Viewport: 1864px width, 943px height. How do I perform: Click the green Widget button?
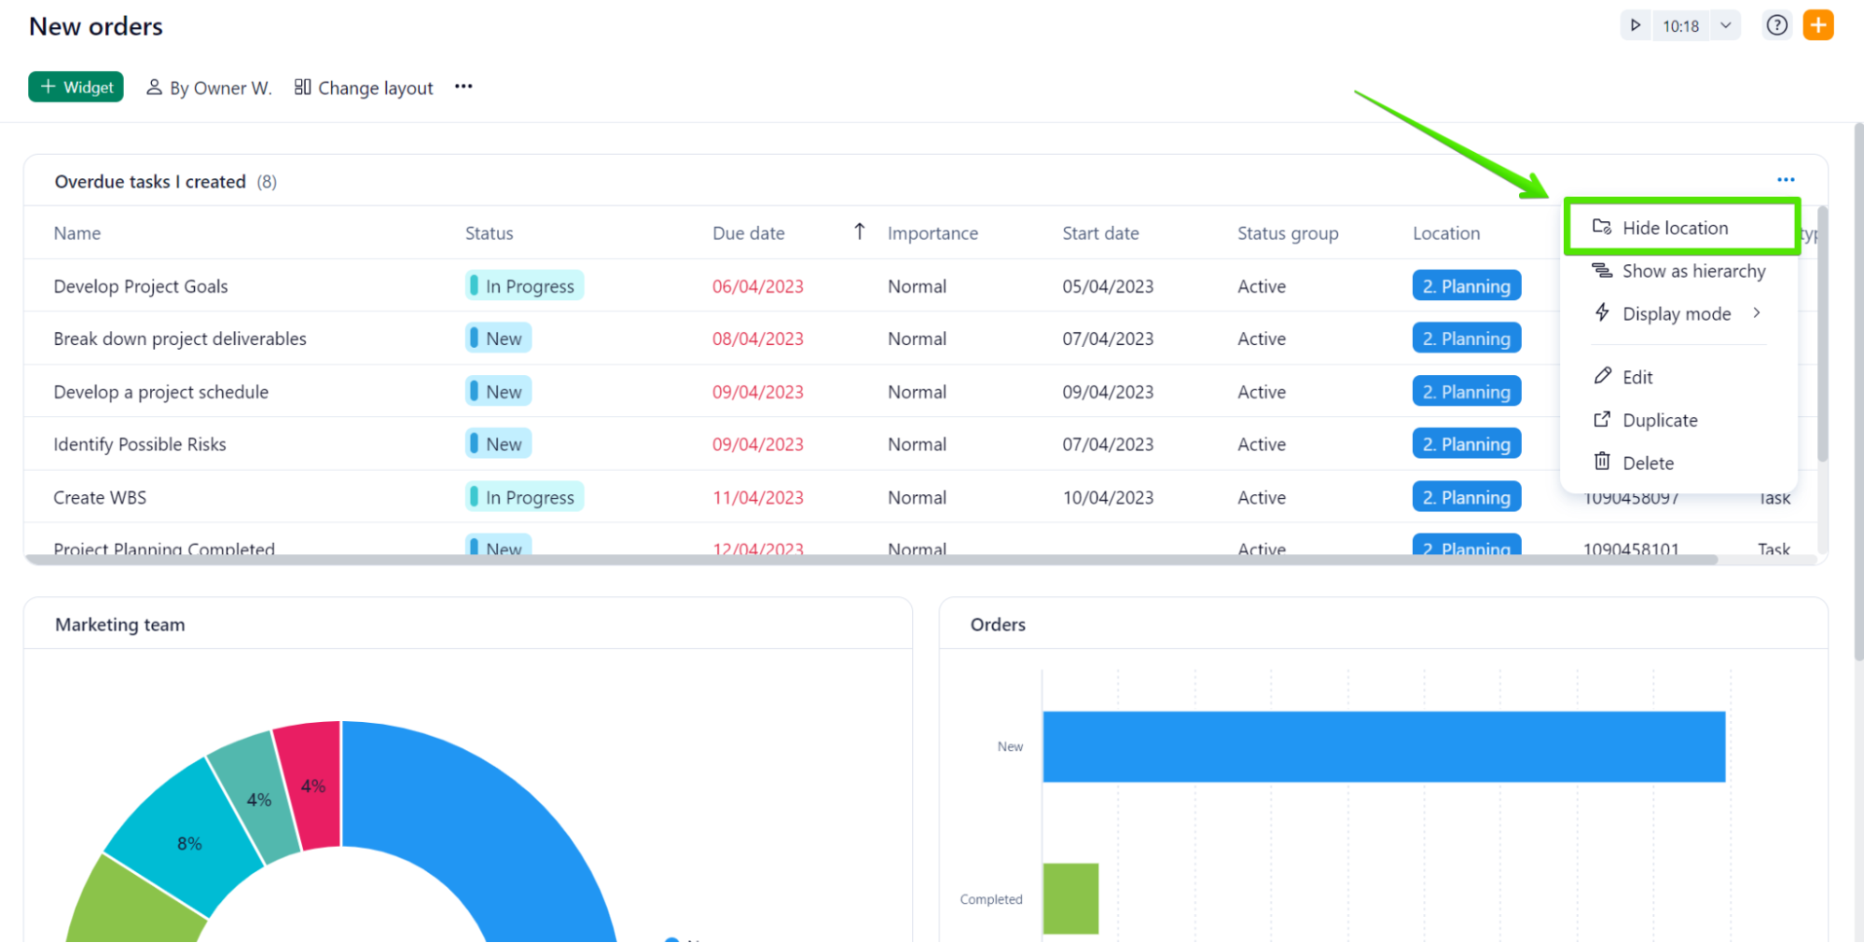pyautogui.click(x=76, y=87)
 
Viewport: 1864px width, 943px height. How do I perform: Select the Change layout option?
pyautogui.click(x=364, y=88)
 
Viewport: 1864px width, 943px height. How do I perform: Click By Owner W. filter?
pyautogui.click(x=209, y=88)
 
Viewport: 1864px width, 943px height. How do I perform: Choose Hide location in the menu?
pyautogui.click(x=1674, y=228)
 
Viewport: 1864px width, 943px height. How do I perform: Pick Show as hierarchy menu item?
pyautogui.click(x=1692, y=271)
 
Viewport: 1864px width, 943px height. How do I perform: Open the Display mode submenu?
pyautogui.click(x=1677, y=314)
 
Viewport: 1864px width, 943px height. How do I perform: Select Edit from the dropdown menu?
pyautogui.click(x=1636, y=377)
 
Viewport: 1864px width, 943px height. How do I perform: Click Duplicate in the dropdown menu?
pyautogui.click(x=1659, y=421)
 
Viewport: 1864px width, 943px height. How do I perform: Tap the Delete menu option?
pyautogui.click(x=1647, y=464)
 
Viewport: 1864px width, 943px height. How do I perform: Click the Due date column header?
pyautogui.click(x=748, y=233)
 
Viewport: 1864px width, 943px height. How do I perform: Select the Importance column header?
pyautogui.click(x=932, y=233)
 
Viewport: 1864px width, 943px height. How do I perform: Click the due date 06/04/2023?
pyautogui.click(x=757, y=286)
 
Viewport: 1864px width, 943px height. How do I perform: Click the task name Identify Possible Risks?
pyautogui.click(x=140, y=445)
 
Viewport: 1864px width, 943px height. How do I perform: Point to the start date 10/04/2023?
pyautogui.click(x=1108, y=497)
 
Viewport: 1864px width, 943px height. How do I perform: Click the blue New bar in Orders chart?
pyautogui.click(x=1383, y=746)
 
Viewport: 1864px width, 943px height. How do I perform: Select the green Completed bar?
pyautogui.click(x=1070, y=898)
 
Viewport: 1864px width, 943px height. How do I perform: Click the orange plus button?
pyautogui.click(x=1817, y=25)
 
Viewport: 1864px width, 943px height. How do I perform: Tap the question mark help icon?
pyautogui.click(x=1776, y=25)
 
